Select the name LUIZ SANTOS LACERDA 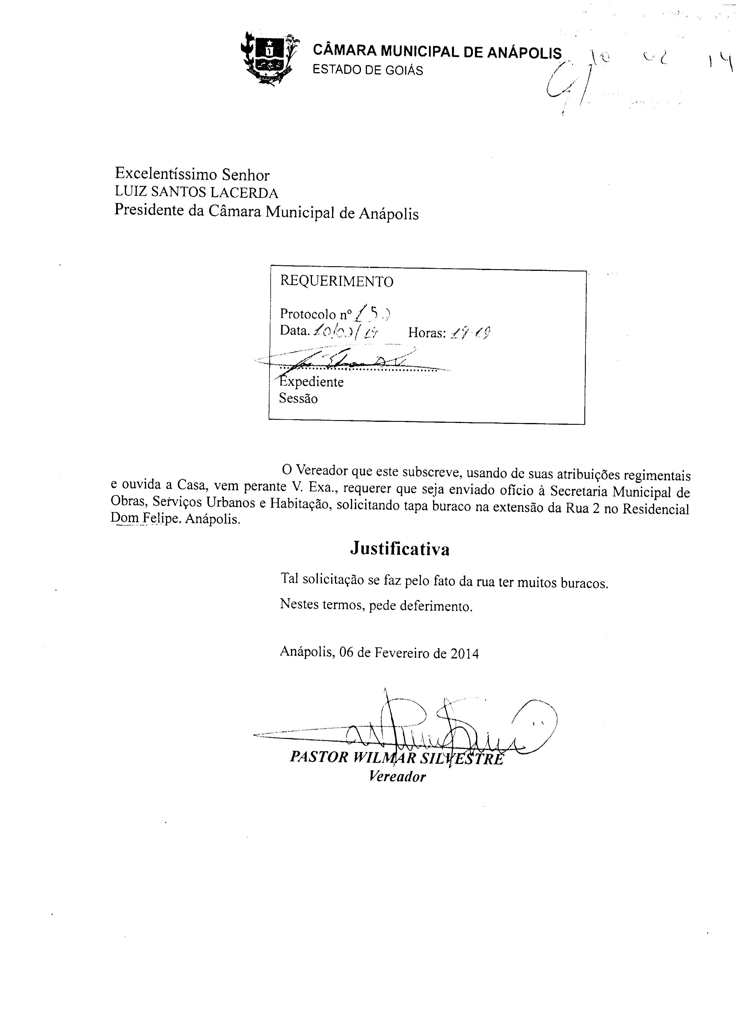pyautogui.click(x=196, y=193)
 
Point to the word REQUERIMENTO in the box pyautogui.click(x=336, y=282)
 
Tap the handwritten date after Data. pyautogui.click(x=346, y=332)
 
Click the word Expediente pyautogui.click(x=311, y=382)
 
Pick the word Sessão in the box pyautogui.click(x=298, y=399)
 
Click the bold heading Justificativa pyautogui.click(x=400, y=549)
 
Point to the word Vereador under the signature pyautogui.click(x=397, y=776)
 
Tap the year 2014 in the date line pyautogui.click(x=464, y=653)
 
